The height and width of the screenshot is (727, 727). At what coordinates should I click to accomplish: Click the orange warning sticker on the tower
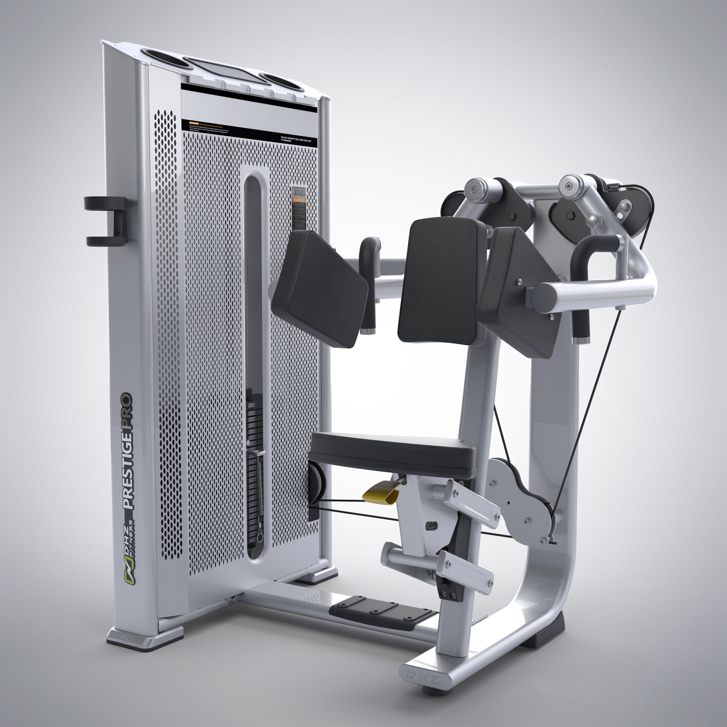[x=300, y=199]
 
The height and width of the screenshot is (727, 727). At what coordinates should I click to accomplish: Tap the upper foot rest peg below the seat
[x=470, y=502]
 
